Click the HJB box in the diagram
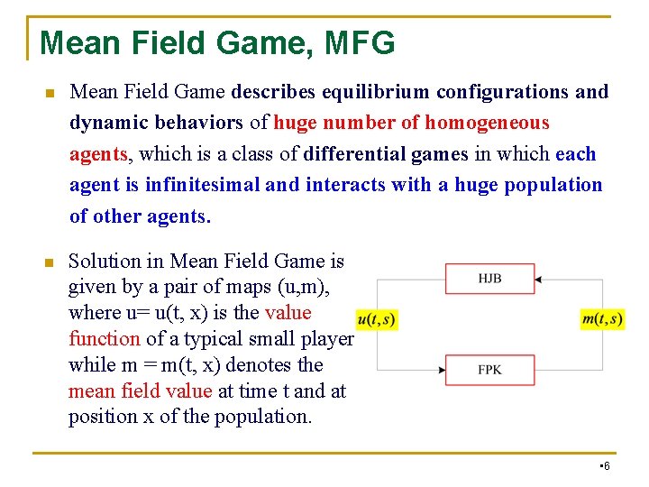tap(489, 279)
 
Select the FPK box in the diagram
tap(489, 369)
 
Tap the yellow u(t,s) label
tap(376, 319)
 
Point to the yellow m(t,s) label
tap(602, 318)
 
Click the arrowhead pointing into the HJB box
tap(538, 280)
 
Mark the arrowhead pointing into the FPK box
tap(442, 370)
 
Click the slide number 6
tap(607, 465)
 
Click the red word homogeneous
tap(487, 123)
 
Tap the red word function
tap(105, 339)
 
